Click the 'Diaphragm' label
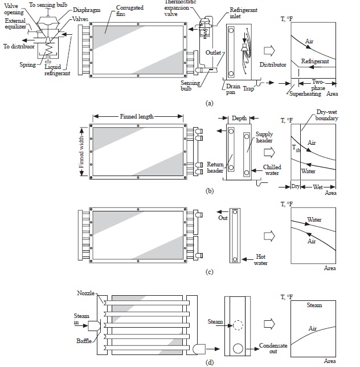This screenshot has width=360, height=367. click(85, 10)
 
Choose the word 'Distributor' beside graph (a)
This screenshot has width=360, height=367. click(273, 65)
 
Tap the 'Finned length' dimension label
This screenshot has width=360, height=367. click(137, 116)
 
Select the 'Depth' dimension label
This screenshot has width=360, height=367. click(239, 118)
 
